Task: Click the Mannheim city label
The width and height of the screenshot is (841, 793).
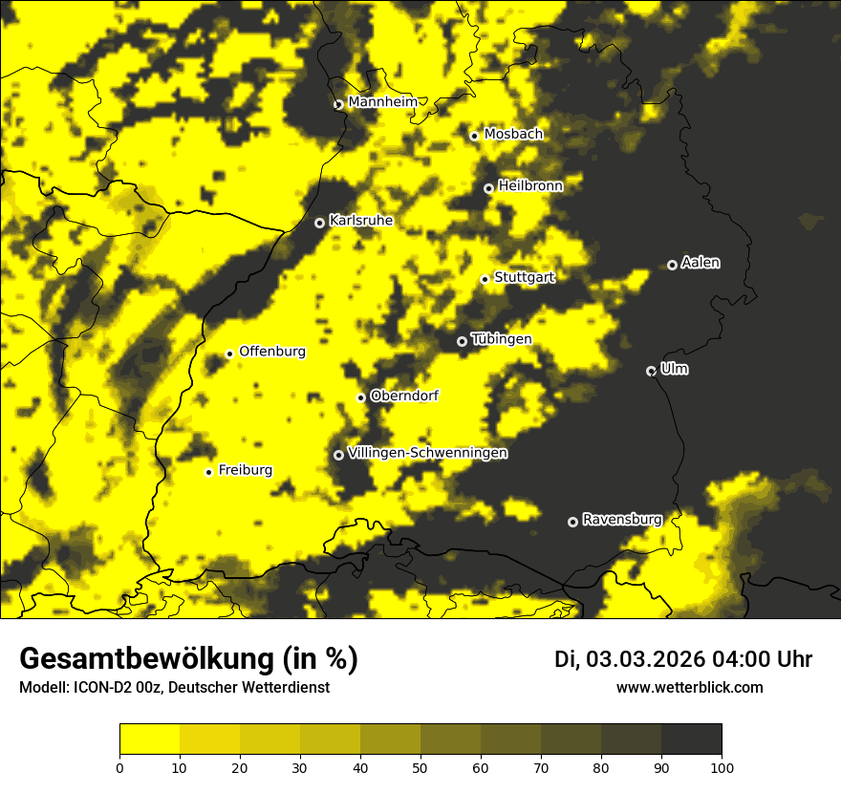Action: click(382, 102)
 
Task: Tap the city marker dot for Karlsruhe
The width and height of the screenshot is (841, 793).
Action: click(319, 223)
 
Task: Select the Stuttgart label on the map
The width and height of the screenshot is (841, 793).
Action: click(524, 278)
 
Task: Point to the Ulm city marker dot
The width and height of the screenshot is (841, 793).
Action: click(651, 371)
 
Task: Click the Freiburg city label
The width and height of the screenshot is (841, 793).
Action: click(245, 470)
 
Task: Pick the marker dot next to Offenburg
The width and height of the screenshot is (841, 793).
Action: click(229, 354)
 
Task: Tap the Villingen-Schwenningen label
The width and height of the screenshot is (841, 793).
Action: click(427, 453)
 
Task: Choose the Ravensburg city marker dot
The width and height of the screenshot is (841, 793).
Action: click(572, 522)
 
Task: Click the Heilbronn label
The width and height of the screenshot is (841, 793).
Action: click(530, 186)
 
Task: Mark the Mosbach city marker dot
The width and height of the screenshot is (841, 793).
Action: click(474, 136)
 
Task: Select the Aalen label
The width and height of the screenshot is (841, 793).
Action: click(701, 263)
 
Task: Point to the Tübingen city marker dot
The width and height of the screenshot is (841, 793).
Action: click(462, 341)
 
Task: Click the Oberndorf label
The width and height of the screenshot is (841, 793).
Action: click(404, 396)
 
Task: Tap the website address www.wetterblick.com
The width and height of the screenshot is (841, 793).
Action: click(689, 687)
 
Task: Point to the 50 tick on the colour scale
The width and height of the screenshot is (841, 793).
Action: click(420, 766)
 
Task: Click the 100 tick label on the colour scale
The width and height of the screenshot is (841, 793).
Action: click(722, 766)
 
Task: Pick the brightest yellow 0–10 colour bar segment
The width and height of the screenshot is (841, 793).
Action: click(149, 739)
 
